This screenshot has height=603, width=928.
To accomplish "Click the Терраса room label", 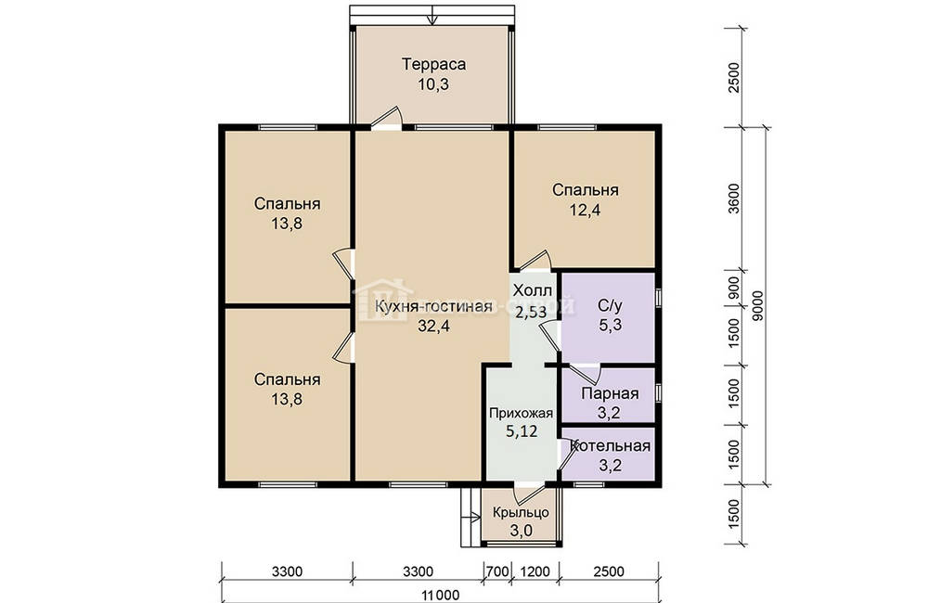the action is pyautogui.click(x=433, y=64).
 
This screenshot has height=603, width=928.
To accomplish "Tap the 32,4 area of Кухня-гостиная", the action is pyautogui.click(x=433, y=326).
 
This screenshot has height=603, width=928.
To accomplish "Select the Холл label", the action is pyautogui.click(x=532, y=291).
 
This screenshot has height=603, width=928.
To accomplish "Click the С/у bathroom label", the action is pyautogui.click(x=610, y=306).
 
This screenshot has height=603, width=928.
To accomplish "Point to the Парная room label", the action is pyautogui.click(x=610, y=393).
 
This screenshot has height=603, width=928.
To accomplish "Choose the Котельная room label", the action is pyautogui.click(x=610, y=445).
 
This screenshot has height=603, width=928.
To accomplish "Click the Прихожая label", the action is pyautogui.click(x=521, y=414).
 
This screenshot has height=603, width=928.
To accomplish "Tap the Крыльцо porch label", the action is pyautogui.click(x=521, y=512).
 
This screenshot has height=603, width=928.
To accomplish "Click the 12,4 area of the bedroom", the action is pyautogui.click(x=586, y=210).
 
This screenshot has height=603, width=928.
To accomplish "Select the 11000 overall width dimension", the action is pyautogui.click(x=440, y=596).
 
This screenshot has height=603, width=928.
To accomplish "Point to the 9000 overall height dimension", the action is pyautogui.click(x=758, y=305).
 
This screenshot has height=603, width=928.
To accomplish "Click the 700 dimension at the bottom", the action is pyautogui.click(x=497, y=571).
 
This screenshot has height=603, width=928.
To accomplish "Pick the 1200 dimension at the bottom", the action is pyautogui.click(x=535, y=571).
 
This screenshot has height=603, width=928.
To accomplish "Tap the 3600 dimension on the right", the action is pyautogui.click(x=734, y=199).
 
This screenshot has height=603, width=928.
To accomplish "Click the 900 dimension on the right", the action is pyautogui.click(x=734, y=288).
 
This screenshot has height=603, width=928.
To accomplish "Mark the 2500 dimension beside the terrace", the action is pyautogui.click(x=734, y=78).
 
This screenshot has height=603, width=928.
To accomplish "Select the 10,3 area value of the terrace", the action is pyautogui.click(x=433, y=84).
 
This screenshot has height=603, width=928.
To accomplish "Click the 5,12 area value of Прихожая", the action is pyautogui.click(x=522, y=431).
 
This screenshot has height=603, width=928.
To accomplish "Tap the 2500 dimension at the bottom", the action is pyautogui.click(x=609, y=571).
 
